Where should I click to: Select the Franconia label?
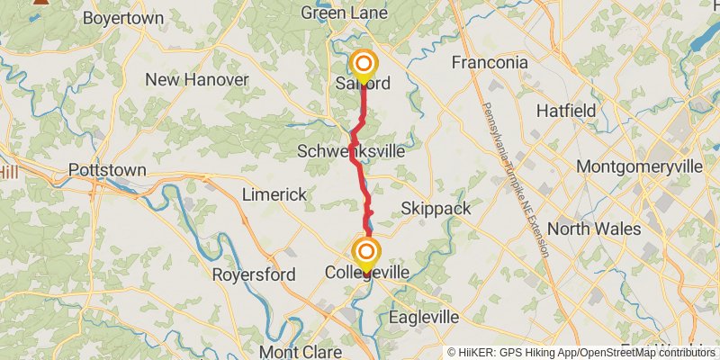(490, 62)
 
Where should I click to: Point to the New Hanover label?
(197, 80)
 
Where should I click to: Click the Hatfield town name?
(566, 111)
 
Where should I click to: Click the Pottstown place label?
(107, 170)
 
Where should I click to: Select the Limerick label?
(274, 195)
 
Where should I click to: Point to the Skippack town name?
(436, 208)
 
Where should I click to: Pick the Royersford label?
(248, 274)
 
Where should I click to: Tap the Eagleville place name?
(424, 318)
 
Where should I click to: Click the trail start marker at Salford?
(364, 64)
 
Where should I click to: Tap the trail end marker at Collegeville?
(366, 251)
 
